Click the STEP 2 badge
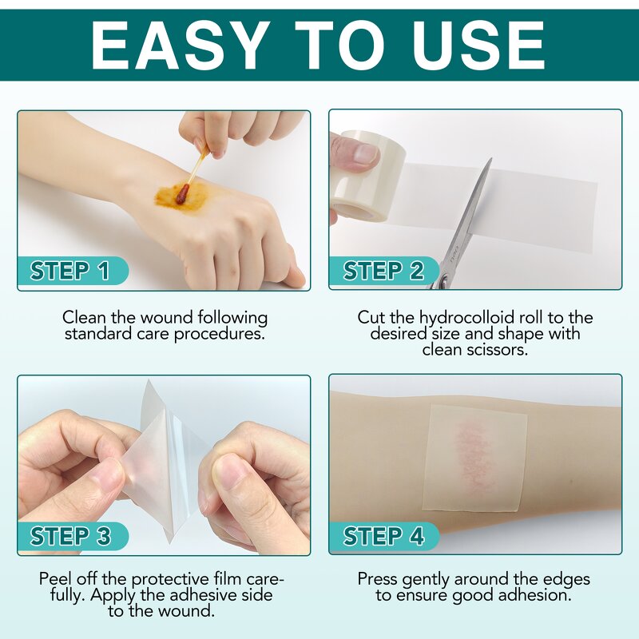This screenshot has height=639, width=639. [x=383, y=272]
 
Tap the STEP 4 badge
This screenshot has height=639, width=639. [x=383, y=536]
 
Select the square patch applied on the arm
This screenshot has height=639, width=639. [x=475, y=455]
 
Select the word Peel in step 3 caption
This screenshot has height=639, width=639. [x=56, y=578]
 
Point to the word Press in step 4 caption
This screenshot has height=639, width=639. [x=379, y=578]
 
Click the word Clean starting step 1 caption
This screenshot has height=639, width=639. [x=84, y=318]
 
